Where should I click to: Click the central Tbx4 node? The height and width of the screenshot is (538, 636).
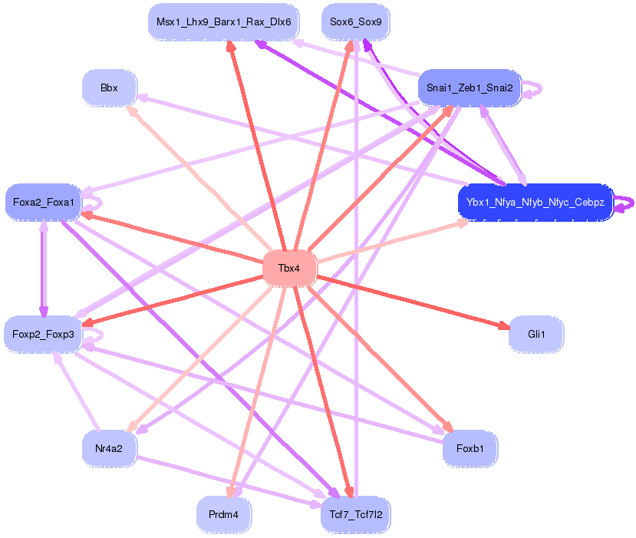[289, 269]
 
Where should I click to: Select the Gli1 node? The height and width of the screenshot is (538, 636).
[535, 335]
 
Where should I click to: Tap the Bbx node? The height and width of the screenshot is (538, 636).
[109, 88]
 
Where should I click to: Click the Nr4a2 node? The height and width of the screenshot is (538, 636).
[109, 447]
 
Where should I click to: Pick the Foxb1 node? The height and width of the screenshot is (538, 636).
[470, 448]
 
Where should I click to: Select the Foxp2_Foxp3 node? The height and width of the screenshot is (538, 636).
[43, 334]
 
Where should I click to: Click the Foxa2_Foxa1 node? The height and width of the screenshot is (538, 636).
[43, 203]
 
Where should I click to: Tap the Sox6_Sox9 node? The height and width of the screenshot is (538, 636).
[355, 21]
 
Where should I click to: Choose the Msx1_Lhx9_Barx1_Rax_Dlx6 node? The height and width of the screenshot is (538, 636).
[223, 21]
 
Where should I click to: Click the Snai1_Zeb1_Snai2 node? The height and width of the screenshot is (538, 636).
[470, 88]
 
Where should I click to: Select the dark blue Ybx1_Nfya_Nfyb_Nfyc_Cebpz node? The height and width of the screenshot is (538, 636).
[535, 203]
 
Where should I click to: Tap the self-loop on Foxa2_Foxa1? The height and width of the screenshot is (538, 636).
[94, 203]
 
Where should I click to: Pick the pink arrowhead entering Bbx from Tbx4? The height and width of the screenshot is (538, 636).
[132, 111]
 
